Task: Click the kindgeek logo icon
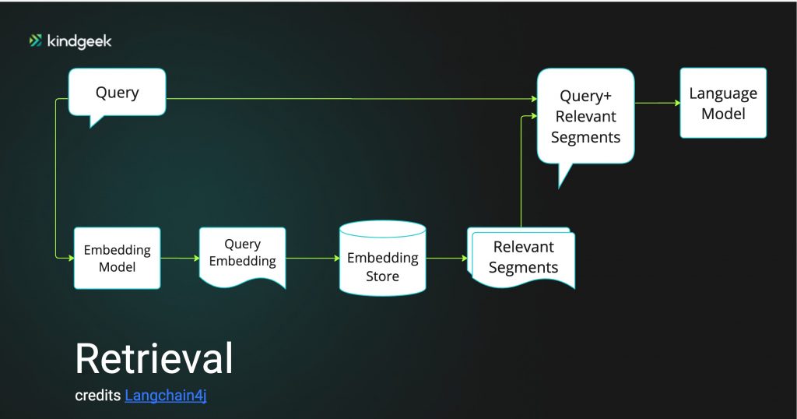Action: pos(36,40)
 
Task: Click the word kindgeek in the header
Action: pos(79,41)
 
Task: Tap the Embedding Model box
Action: pos(118,259)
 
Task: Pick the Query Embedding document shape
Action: pos(243,257)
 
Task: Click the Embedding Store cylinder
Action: pos(383,259)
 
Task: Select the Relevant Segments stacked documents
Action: pos(521,258)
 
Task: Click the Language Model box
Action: pos(723,103)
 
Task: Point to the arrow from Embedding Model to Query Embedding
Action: pos(180,259)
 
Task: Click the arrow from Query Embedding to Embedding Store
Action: pos(313,259)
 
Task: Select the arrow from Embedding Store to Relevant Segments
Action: pos(446,259)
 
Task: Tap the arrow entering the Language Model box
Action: pos(657,103)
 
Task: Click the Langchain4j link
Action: pos(166,396)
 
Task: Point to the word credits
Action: pos(98,396)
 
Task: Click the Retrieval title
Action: pos(154,358)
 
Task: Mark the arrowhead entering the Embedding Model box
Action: pos(71,259)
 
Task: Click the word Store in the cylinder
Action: pos(383,276)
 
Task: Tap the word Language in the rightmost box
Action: pos(723,93)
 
